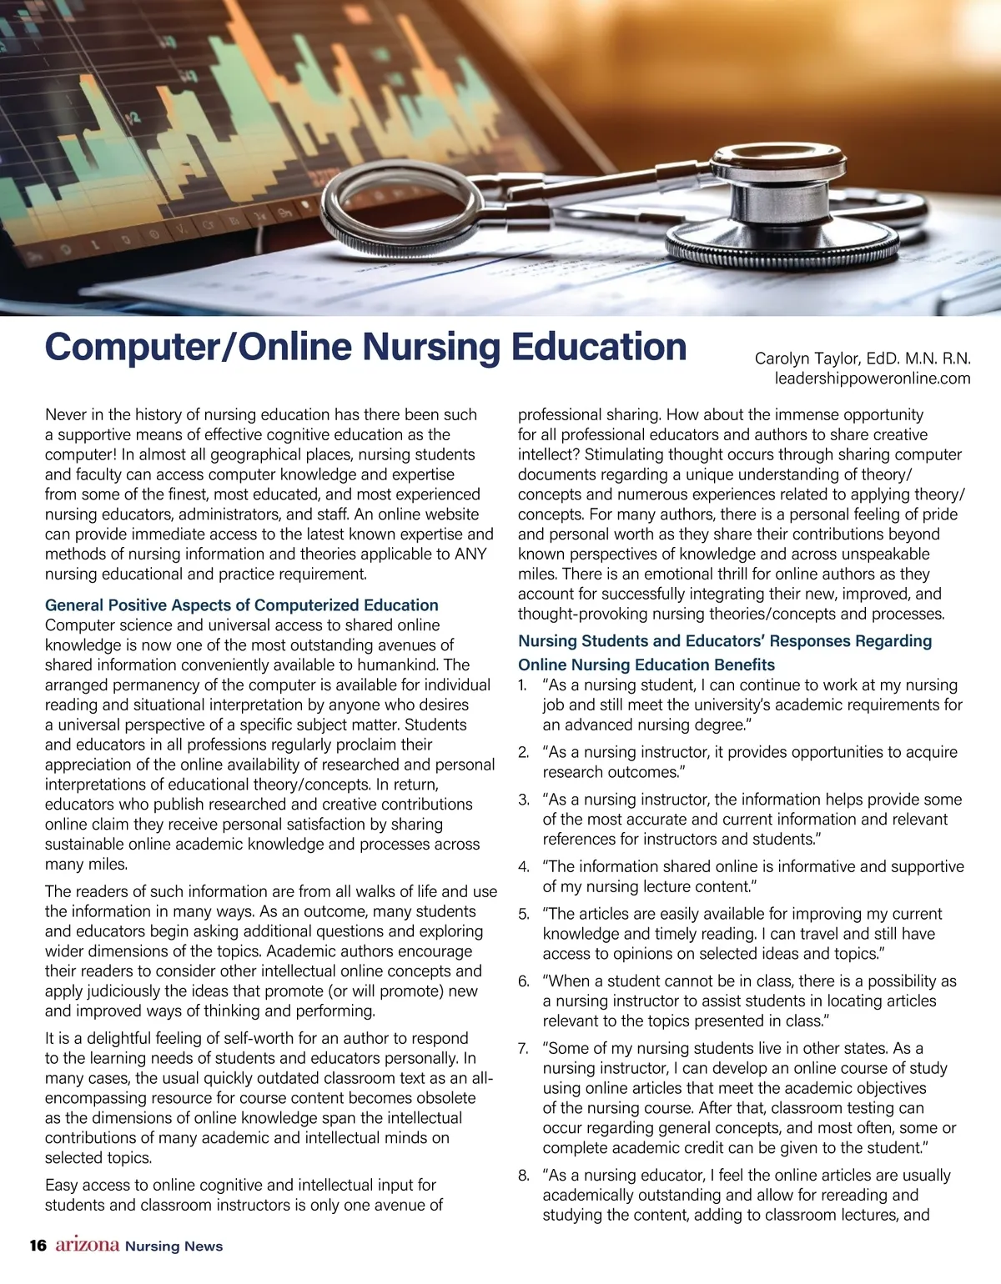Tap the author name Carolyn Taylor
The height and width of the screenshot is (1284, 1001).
pyautogui.click(x=806, y=359)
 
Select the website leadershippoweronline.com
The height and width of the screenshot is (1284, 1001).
pyautogui.click(x=873, y=379)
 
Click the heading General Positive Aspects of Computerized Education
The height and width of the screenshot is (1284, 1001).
pyautogui.click(x=241, y=605)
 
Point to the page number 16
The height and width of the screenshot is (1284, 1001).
pyautogui.click(x=38, y=1246)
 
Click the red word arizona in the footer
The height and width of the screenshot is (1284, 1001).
pyautogui.click(x=88, y=1245)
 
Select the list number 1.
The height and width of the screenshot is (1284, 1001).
pyautogui.click(x=523, y=685)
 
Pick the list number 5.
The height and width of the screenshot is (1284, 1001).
pyautogui.click(x=523, y=915)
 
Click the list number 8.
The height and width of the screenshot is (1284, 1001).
pyautogui.click(x=523, y=1176)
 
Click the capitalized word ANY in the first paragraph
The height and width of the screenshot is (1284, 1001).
pyautogui.click(x=470, y=554)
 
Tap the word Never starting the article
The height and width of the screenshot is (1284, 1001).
pyautogui.click(x=67, y=414)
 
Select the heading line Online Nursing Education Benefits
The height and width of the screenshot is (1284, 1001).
pyautogui.click(x=646, y=665)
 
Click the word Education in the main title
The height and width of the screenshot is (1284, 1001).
pyautogui.click(x=599, y=348)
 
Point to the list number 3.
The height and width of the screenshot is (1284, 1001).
pyautogui.click(x=523, y=800)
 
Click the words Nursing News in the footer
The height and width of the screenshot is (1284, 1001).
pyautogui.click(x=174, y=1246)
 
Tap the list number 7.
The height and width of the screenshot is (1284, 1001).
pyautogui.click(x=523, y=1049)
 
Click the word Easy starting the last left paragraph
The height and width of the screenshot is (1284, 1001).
pyautogui.click(x=62, y=1185)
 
